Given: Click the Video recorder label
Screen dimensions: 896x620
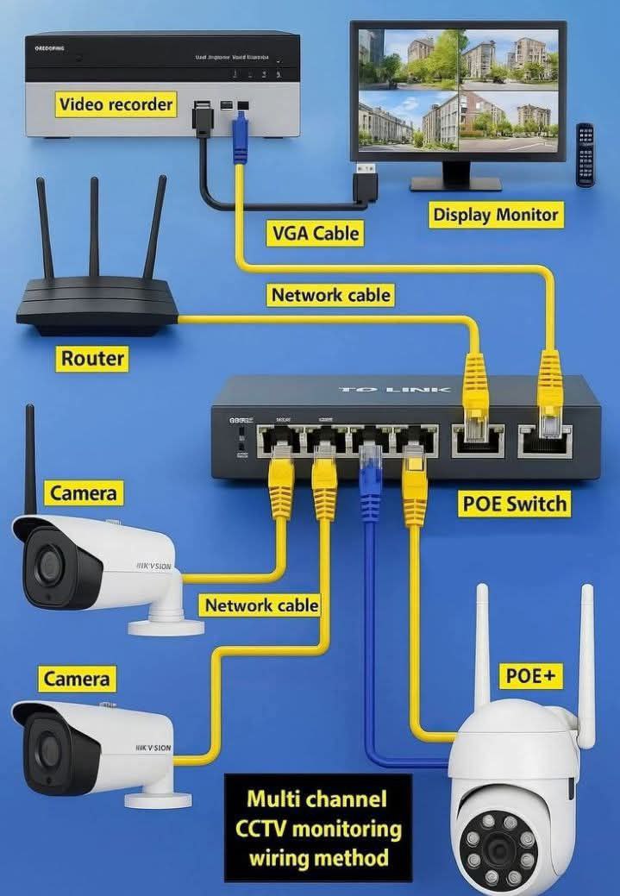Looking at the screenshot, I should pos(116,105).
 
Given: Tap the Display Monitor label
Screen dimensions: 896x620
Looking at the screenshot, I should pos(496,215).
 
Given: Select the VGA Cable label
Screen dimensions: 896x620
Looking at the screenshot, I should pos(315,232).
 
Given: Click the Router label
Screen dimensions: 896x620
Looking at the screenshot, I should pos(92,358).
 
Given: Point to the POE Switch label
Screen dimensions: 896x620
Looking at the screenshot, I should pos(514,504).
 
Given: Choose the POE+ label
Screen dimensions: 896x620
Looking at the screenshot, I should pos(529,676).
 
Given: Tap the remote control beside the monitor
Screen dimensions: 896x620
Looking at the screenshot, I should pos(585,156).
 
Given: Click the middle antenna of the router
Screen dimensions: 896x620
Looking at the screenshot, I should pos(93,229).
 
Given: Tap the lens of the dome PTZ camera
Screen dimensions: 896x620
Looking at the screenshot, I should pos(498,849).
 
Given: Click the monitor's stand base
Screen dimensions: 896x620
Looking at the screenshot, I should pos(455,183).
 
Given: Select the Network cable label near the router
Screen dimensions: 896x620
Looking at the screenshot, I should pos(331,295).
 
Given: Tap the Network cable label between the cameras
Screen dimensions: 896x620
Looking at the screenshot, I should pos(261,605).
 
